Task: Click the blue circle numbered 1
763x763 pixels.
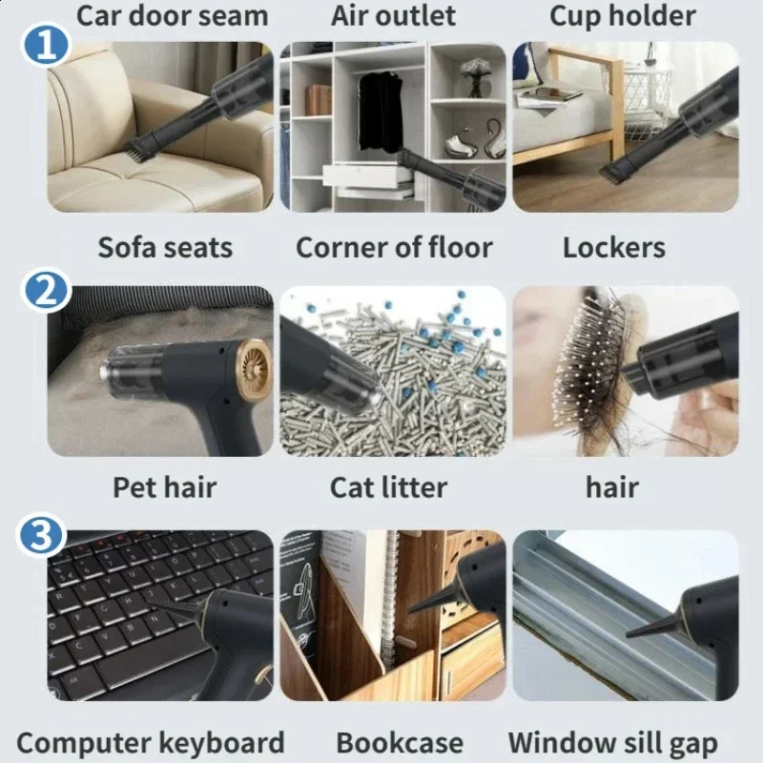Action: point(45,45)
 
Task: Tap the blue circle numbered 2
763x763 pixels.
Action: point(45,291)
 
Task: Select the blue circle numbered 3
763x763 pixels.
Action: point(41,536)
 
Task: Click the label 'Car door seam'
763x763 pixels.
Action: point(172,15)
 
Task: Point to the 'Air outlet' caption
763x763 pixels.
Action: point(393,15)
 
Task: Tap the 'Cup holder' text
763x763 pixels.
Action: point(623,16)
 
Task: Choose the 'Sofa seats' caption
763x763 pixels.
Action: point(165,247)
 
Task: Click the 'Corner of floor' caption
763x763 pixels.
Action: point(394,247)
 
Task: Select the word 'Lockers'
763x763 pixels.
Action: point(614,247)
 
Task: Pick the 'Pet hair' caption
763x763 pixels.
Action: point(164,487)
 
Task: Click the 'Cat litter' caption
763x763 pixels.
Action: point(388,487)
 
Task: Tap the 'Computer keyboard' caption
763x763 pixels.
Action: point(151,744)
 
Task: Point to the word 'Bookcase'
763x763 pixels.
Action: point(400,743)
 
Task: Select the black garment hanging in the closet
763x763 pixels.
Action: point(381,112)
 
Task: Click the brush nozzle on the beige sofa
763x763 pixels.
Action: point(139,147)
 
